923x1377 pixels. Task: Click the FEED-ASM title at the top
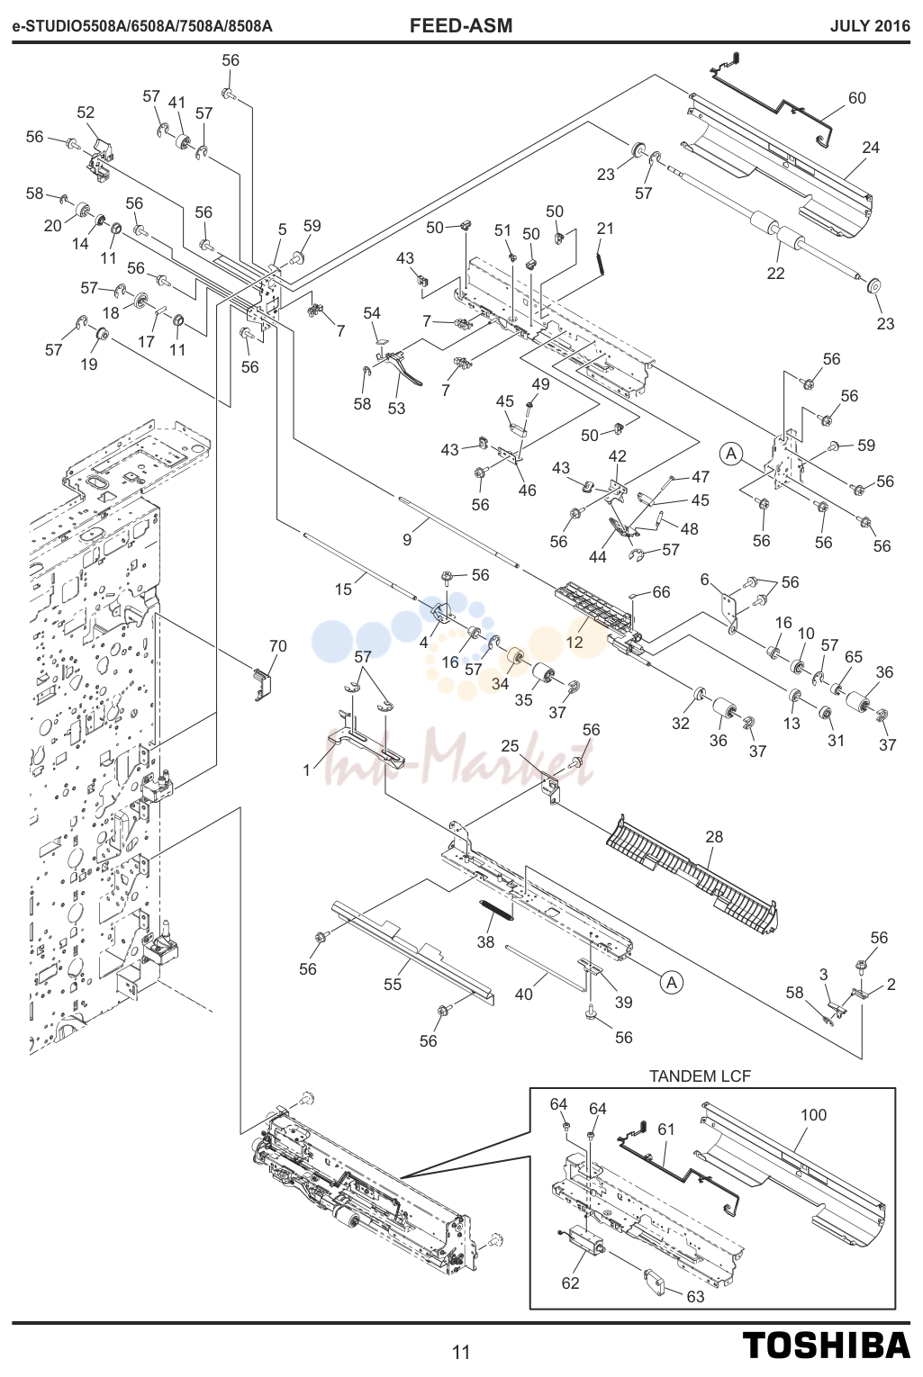coord(460,25)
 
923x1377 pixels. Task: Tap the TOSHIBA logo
coord(827,1345)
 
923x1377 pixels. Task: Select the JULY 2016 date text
coord(870,26)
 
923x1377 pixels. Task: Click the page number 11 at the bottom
coord(461,1352)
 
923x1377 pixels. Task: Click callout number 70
coord(278,646)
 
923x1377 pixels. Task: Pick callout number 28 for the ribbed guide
coord(715,836)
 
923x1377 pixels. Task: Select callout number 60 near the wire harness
coord(857,98)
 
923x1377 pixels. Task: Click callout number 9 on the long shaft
coord(407,540)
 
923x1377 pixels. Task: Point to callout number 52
coord(86,112)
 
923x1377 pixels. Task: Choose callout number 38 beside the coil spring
coord(485,941)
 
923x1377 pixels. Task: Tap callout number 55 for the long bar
coord(393,985)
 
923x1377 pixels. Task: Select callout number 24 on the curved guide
coord(871,148)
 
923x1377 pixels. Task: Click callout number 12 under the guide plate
coord(575,643)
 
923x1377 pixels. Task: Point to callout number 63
coord(695,1296)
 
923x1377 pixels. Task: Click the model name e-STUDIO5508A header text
coord(142,26)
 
